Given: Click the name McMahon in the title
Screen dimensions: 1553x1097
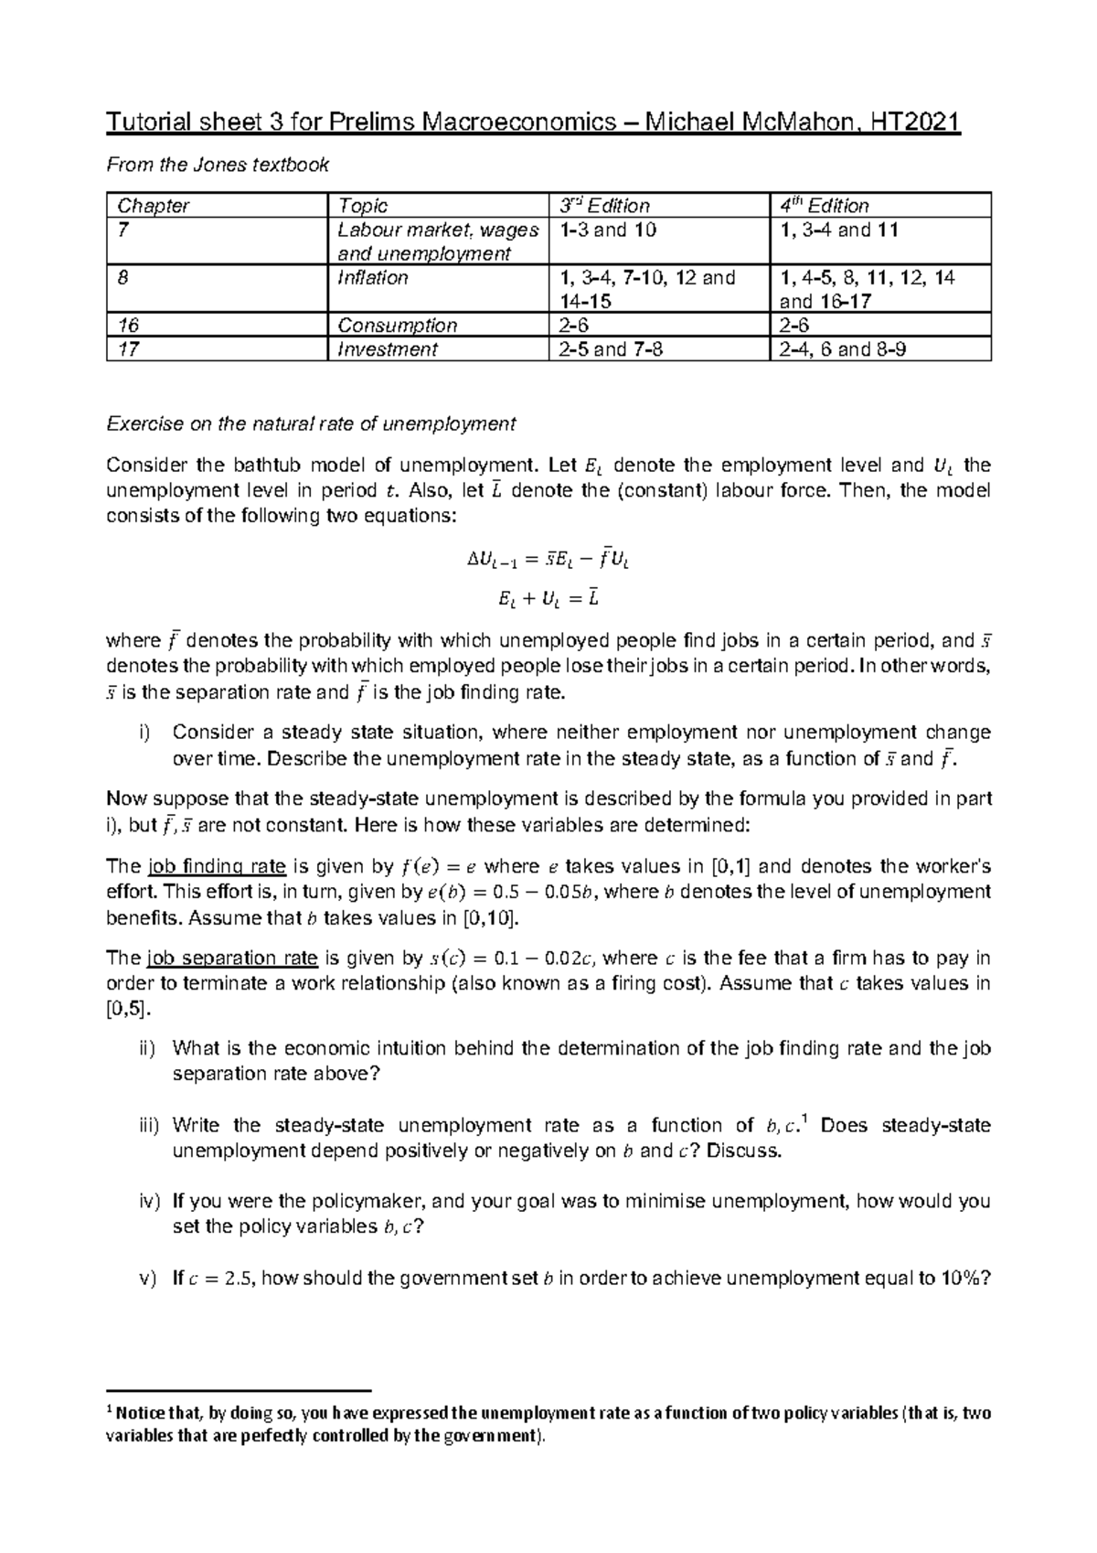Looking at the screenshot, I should [x=802, y=123].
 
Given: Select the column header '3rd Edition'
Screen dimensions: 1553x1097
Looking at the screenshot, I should [x=604, y=206].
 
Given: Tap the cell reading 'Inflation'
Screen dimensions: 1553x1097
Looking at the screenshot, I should [x=372, y=278].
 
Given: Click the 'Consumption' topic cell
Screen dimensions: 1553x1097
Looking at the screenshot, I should [x=397, y=326].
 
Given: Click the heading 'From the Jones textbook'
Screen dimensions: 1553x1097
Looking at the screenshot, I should [x=217, y=165].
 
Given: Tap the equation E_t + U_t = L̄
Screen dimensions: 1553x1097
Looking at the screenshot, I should [x=548, y=600].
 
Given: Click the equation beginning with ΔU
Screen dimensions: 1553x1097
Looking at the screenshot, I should [x=548, y=560].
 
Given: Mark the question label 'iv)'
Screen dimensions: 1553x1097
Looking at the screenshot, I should [x=148, y=1201].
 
